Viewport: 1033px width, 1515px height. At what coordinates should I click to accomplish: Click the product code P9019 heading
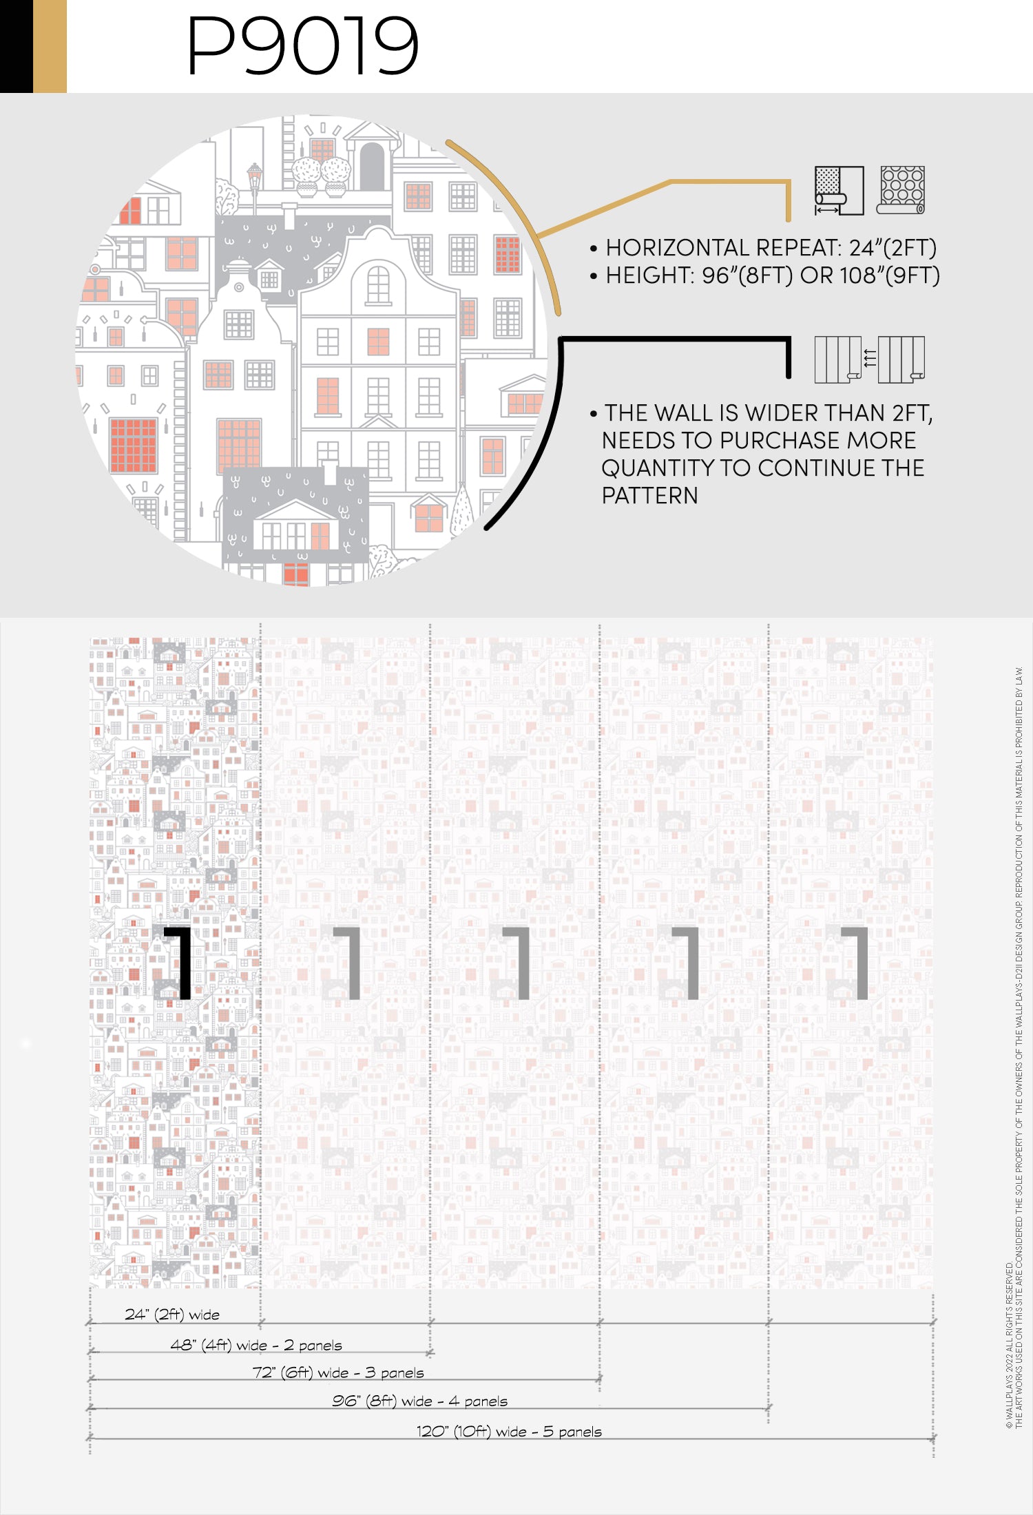click(x=303, y=45)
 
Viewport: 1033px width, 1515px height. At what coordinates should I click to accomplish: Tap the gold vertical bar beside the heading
click(x=50, y=46)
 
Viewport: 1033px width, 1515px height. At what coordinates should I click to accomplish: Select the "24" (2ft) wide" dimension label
click(x=172, y=1314)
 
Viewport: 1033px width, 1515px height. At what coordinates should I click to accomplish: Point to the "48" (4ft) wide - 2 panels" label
click(x=256, y=1345)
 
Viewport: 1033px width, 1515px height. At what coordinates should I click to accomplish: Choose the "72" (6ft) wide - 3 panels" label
click(x=338, y=1372)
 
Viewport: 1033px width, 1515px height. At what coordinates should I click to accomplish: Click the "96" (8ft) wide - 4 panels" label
click(x=419, y=1401)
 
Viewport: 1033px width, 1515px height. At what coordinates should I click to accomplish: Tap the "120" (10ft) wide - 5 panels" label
click(x=509, y=1431)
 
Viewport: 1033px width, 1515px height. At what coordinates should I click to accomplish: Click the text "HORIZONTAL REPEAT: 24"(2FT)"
click(x=771, y=247)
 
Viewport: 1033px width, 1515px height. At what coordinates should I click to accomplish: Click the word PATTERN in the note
click(x=649, y=495)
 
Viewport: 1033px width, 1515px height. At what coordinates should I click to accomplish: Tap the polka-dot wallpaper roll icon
click(x=901, y=190)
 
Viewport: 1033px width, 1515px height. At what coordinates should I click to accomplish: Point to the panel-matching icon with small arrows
click(x=869, y=359)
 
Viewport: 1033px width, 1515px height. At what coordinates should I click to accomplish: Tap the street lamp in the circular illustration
click(x=255, y=186)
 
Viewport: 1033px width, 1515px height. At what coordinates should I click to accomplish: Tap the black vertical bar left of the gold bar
click(x=17, y=46)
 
